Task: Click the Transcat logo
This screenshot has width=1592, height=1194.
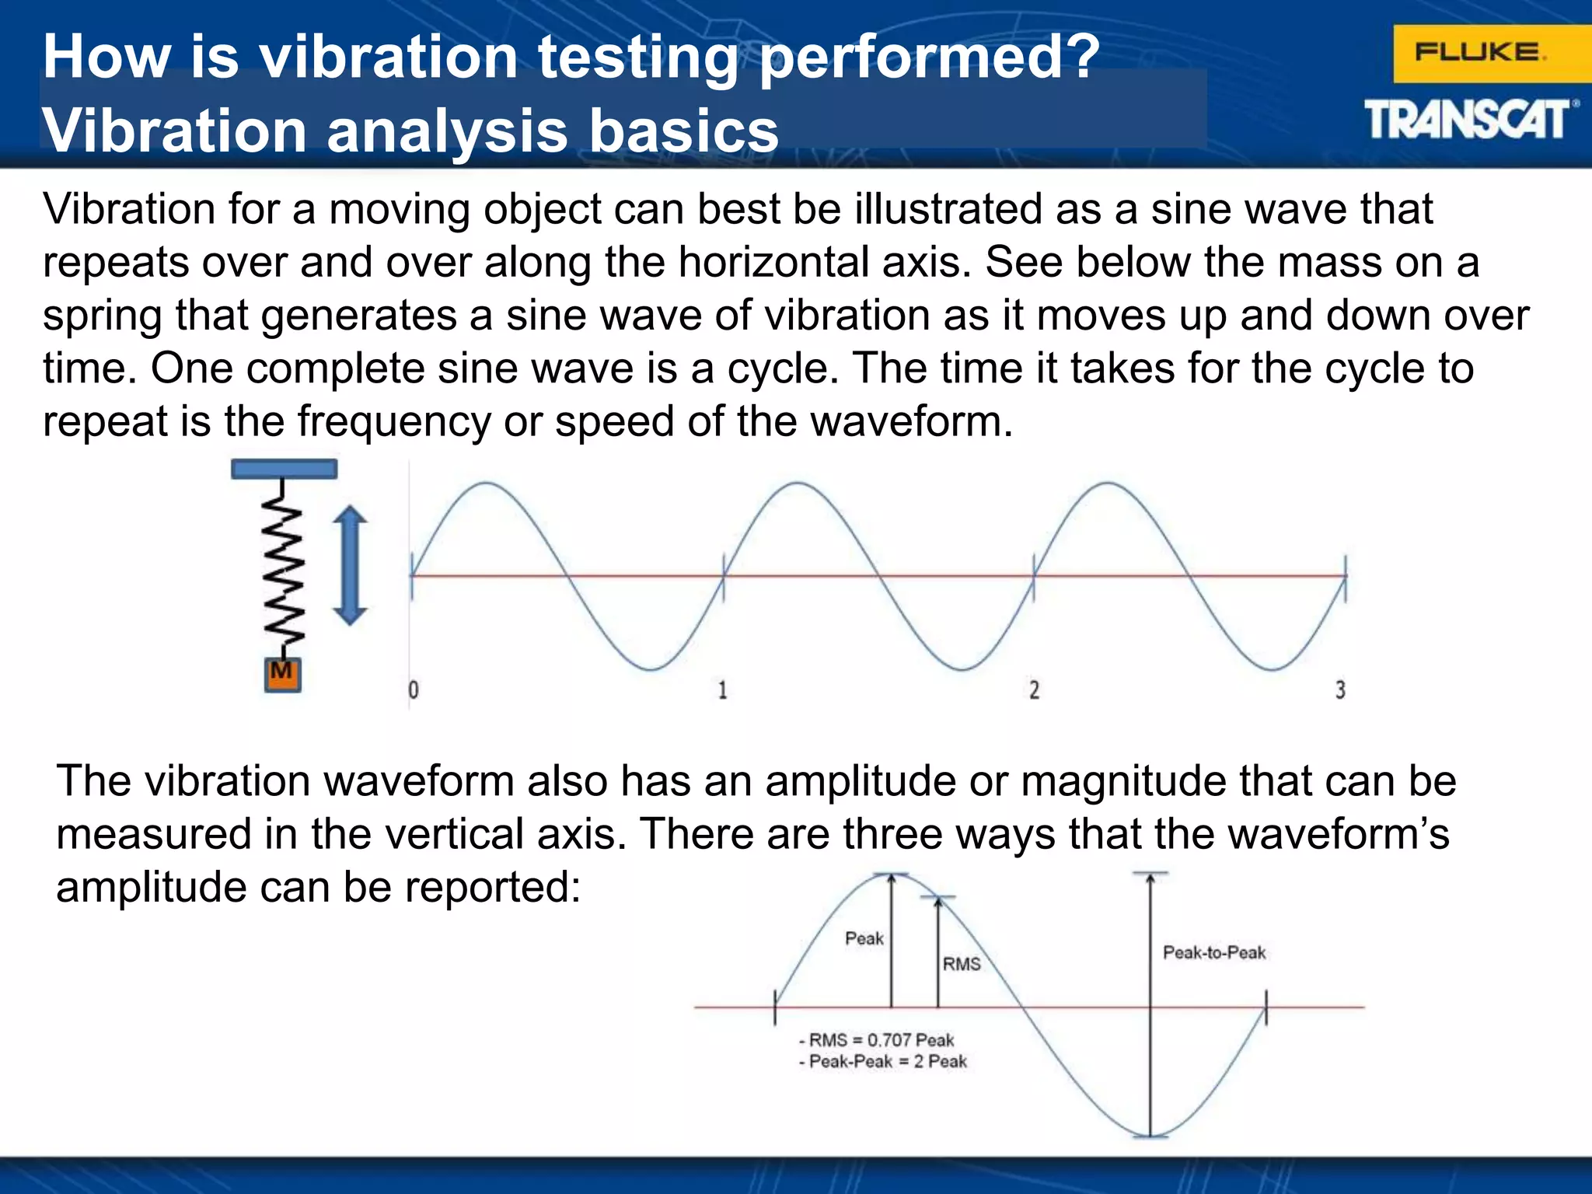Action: point(1468,121)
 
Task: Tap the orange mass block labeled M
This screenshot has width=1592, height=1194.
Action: point(282,674)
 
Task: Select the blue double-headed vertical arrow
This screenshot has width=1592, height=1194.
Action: point(350,565)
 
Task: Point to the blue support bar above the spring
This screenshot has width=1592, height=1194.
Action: point(284,469)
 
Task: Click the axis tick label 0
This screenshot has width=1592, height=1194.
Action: point(414,690)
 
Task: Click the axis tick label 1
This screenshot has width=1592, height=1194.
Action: point(722,690)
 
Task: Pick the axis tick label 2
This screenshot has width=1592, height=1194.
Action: point(1034,690)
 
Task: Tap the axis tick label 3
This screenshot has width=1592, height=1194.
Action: point(1340,690)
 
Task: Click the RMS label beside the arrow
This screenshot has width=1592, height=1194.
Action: point(962,964)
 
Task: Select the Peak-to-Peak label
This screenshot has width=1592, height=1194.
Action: point(1213,952)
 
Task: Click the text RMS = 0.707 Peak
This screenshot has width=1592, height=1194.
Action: point(881,1040)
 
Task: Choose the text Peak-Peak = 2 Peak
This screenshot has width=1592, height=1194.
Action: point(887,1062)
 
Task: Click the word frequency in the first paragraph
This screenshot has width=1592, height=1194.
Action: point(394,421)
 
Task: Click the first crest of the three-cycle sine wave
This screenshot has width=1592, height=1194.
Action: point(487,484)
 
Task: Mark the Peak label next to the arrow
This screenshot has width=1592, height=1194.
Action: point(864,938)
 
